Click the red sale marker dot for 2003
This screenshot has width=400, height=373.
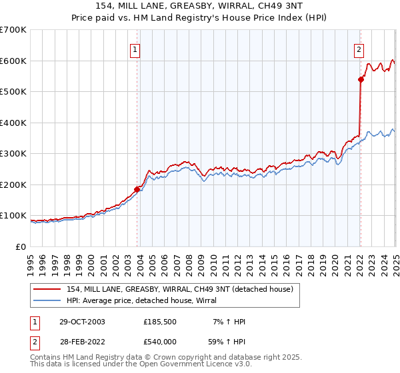pyautogui.click(x=137, y=189)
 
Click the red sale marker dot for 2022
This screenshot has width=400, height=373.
pyautogui.click(x=361, y=79)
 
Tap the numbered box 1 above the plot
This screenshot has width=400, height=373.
pyautogui.click(x=135, y=49)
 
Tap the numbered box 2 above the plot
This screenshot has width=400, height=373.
pyautogui.click(x=359, y=49)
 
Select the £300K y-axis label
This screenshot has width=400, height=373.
pyautogui.click(x=14, y=153)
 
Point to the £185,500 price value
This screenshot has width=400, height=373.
pyautogui.click(x=161, y=322)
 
